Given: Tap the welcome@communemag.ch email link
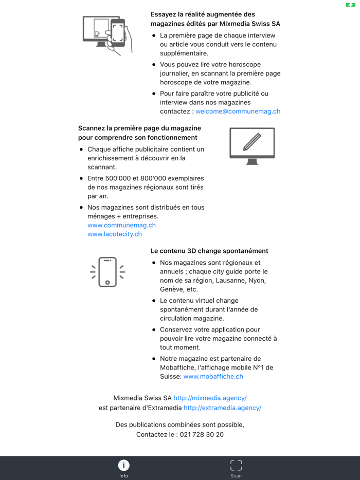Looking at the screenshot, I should coord(238,112).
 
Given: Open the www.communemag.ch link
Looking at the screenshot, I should coord(121,225).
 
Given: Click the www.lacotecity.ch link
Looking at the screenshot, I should coord(115,234).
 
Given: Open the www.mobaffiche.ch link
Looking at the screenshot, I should coord(213,377).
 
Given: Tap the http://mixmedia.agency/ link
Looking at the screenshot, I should coord(210,398).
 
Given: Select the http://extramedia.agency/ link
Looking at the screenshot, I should coord(222,408).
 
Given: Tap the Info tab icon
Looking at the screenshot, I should coord(123,466).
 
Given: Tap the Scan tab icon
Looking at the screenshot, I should coord(236,466).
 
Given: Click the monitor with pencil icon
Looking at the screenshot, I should coord(252,146).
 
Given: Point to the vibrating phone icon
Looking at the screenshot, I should coord(107,272).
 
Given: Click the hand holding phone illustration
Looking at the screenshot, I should coord(107,35).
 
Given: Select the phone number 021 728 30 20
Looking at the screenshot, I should coord(202,435).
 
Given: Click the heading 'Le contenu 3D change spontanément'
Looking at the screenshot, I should coord(209,251).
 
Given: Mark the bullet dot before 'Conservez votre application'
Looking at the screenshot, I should coord(154,330).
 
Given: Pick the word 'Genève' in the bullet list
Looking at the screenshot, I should coord(172,290).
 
